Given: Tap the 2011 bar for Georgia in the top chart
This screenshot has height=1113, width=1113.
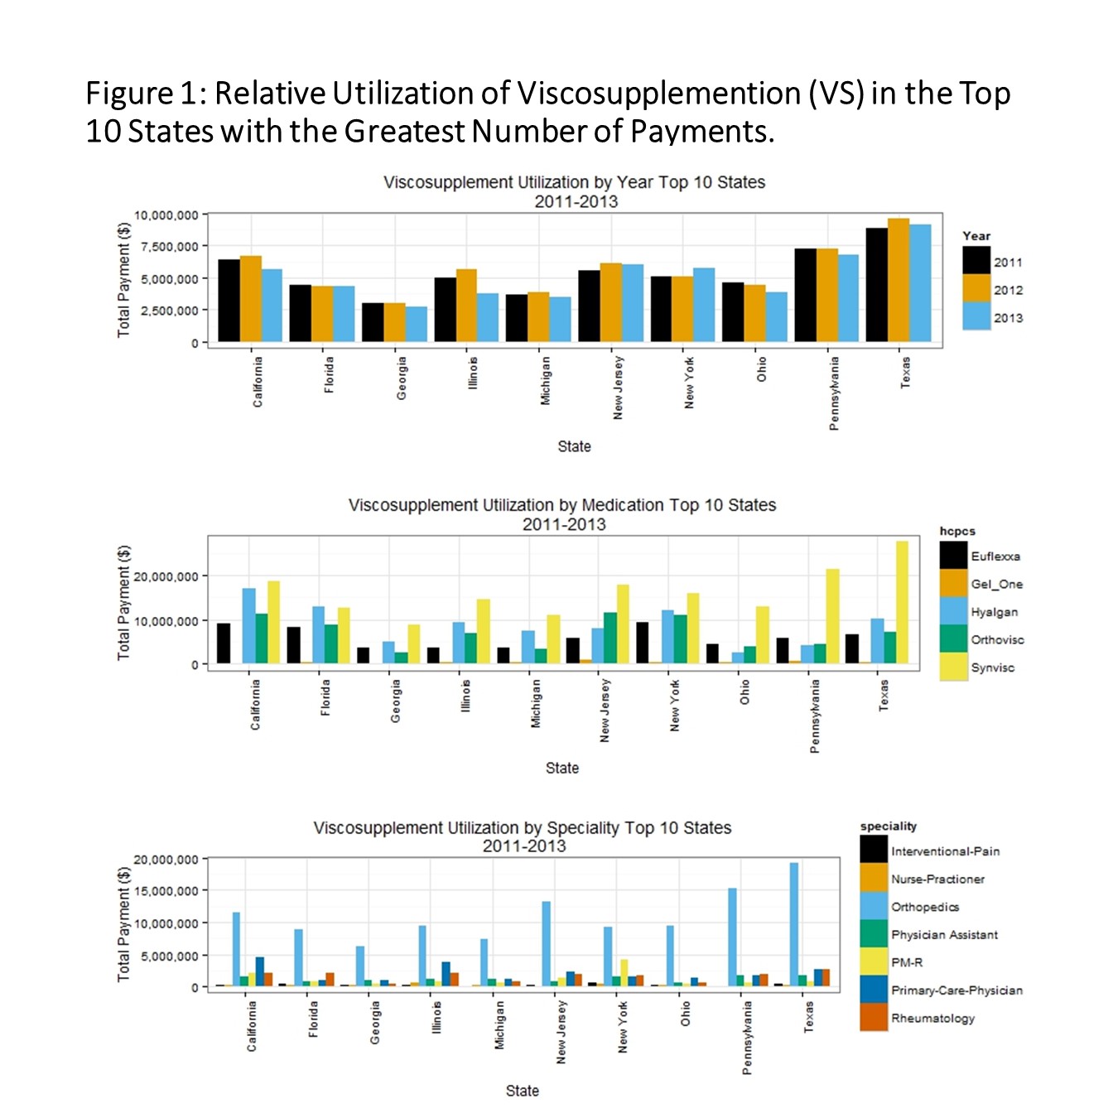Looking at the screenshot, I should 373,322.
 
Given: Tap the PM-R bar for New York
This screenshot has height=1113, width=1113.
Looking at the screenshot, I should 624,973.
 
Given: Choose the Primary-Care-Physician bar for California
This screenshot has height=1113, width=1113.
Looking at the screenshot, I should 259,971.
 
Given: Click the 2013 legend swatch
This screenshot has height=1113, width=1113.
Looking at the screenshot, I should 976,316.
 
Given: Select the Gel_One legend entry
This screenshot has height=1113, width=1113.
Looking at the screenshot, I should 996,584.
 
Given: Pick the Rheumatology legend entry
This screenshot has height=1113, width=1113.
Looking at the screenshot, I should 932,1018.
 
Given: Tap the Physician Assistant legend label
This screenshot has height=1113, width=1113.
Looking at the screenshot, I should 944,935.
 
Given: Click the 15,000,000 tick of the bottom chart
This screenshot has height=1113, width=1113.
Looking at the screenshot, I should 166,891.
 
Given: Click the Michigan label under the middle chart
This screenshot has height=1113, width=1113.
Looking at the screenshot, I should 536,704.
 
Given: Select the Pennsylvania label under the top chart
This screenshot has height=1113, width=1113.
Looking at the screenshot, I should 834,393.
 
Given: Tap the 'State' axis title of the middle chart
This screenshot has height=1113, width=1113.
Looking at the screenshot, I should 562,768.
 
